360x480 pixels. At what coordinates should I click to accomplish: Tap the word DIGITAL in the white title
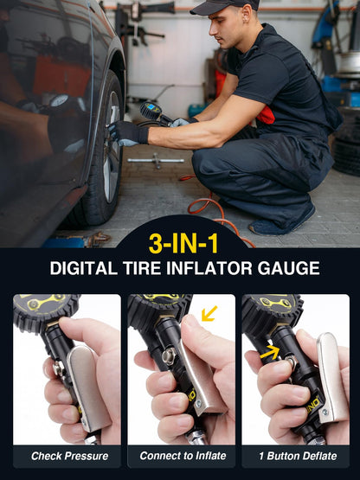pyautogui.click(x=83, y=268)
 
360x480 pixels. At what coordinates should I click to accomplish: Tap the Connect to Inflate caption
pyautogui.click(x=182, y=456)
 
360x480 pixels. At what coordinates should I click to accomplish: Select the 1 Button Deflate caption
pyautogui.click(x=295, y=456)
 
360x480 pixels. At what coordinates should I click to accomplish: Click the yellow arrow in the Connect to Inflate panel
pyautogui.click(x=209, y=312)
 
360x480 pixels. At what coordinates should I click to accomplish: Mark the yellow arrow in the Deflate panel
pyautogui.click(x=271, y=352)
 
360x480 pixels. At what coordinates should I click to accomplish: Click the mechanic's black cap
pyautogui.click(x=224, y=7)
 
